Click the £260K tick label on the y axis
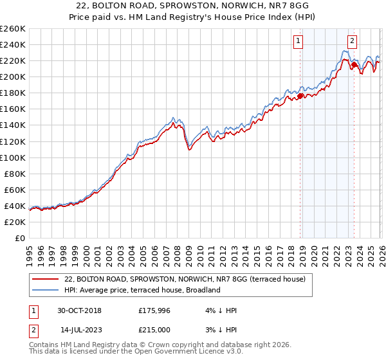coord(12,29)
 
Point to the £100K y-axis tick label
coord(12,157)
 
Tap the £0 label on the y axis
coord(19,238)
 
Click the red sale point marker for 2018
coord(300,96)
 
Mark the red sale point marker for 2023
coord(353,64)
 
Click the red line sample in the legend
coord(46,279)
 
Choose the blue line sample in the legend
coord(46,290)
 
